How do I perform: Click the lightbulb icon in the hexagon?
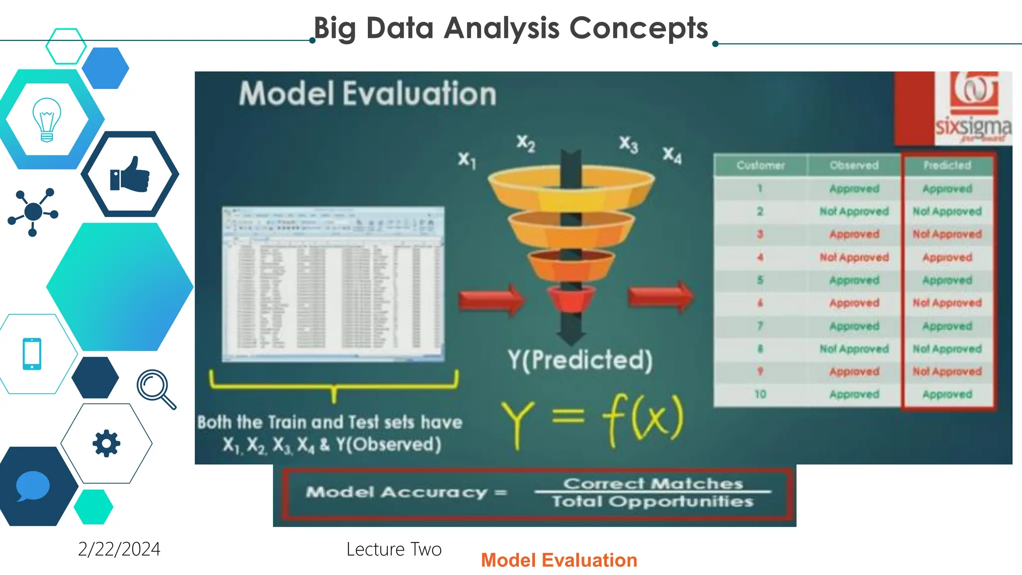[46, 120]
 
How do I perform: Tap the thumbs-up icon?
[130, 174]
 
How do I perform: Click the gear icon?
[106, 443]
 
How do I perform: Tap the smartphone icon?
[32, 354]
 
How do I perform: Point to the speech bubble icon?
[32, 486]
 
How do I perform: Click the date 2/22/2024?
[119, 549]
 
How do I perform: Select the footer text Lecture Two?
[394, 549]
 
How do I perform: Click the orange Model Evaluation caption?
[559, 560]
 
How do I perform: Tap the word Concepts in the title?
[638, 28]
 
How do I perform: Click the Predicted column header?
[947, 165]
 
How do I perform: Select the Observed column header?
[854, 165]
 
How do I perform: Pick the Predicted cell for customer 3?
[947, 234]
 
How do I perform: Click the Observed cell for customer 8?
[854, 349]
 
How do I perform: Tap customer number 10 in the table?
[760, 394]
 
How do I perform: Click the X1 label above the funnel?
[467, 160]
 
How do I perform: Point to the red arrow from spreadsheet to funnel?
[492, 300]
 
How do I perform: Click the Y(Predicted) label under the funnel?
[580, 360]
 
